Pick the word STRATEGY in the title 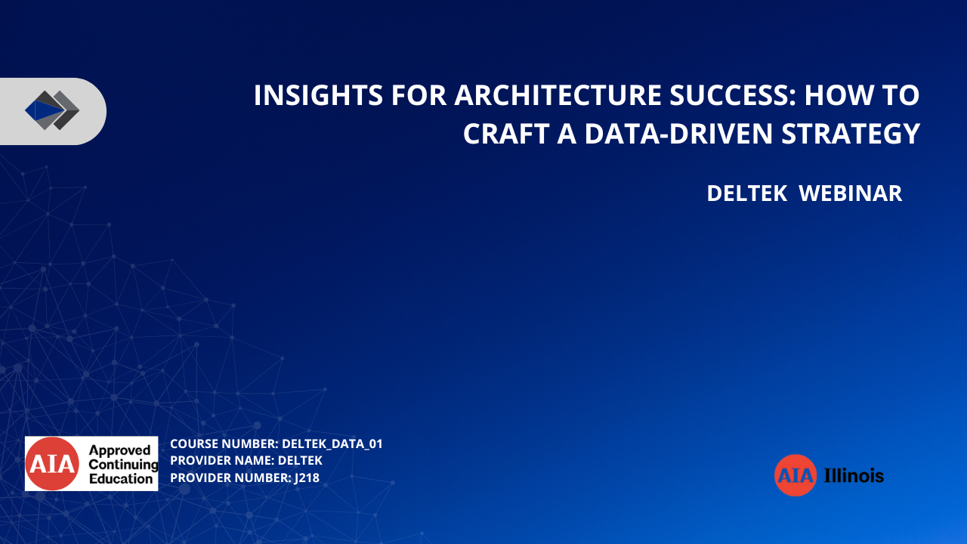[851, 134]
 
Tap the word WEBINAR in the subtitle [851, 193]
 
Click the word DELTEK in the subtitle [747, 193]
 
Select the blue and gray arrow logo [52, 110]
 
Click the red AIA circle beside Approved [52, 464]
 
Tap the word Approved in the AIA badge [119, 450]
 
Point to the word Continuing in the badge [123, 465]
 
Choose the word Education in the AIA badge [121, 478]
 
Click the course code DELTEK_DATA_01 [332, 444]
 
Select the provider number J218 [307, 478]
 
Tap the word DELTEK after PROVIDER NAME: [300, 461]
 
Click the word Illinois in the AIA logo [854, 475]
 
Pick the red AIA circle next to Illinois [796, 475]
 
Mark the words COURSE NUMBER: [224, 444]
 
